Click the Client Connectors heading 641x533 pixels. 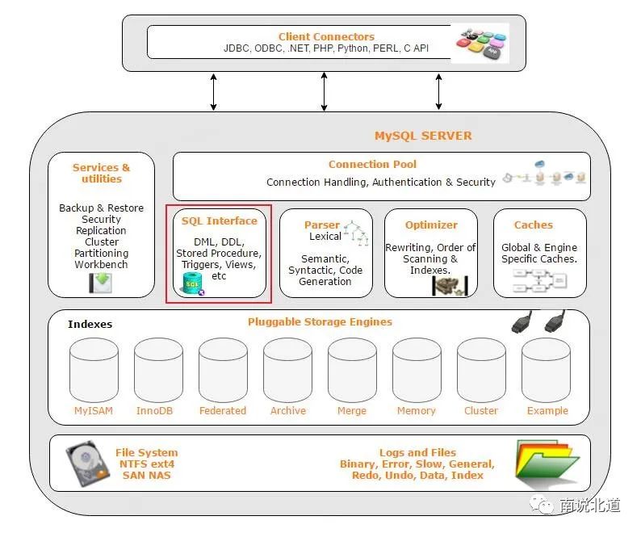326,36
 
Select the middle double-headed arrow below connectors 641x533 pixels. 324,91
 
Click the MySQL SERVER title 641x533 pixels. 423,136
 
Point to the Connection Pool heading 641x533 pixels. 372,164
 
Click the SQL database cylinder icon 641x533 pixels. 193,283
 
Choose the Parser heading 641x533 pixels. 322,225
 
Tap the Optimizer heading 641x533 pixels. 431,225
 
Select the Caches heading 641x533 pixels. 533,225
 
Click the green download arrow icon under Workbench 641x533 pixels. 101,283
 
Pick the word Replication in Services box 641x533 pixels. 101,230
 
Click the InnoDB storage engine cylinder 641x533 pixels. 158,370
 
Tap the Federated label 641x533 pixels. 223,410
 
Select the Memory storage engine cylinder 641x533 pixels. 417,370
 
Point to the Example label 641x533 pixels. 547,410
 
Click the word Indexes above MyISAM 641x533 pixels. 90,324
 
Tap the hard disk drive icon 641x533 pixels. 87,464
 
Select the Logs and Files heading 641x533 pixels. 417,452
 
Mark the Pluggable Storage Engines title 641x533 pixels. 320,322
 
